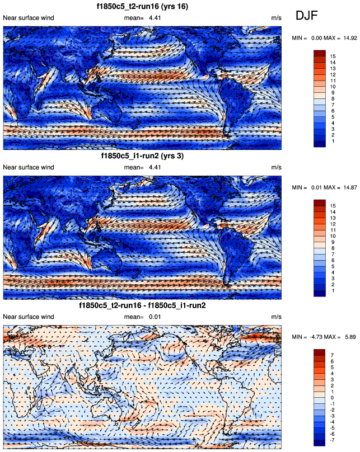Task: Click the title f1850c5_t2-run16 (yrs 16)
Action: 142,7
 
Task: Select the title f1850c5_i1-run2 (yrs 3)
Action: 142,156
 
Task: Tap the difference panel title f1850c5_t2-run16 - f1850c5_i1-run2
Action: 142,307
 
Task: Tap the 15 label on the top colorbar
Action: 333,56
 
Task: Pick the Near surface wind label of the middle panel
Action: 29,167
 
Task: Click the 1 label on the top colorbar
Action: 333,143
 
